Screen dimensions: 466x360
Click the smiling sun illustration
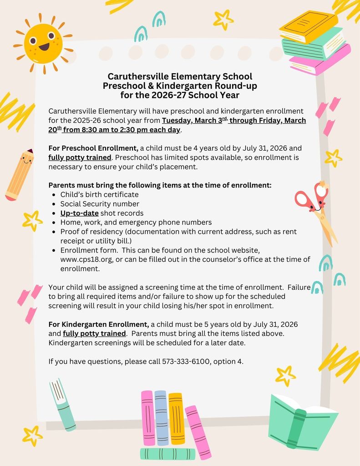coord(43,44)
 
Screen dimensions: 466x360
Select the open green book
coord(302,421)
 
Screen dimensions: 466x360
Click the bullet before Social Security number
coord(54,204)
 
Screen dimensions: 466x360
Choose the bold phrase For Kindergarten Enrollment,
coord(98,324)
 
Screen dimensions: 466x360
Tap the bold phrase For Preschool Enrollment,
coord(93,148)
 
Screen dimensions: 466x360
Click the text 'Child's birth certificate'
coord(99,195)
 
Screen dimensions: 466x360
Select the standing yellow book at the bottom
coord(176,419)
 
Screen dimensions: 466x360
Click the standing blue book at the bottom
coord(161,417)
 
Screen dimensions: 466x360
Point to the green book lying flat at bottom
coord(167,453)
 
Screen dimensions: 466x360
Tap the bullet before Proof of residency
coord(54,232)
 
